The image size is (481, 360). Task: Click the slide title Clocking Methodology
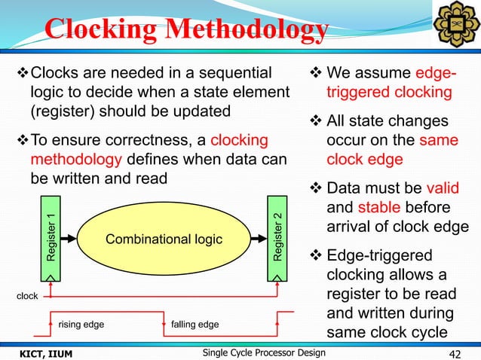pyautogui.click(x=186, y=29)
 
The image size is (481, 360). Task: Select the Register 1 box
pyautogui.click(x=51, y=238)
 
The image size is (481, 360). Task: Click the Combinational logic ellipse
pyautogui.click(x=164, y=239)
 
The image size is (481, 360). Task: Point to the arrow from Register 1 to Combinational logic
pyautogui.click(x=66, y=239)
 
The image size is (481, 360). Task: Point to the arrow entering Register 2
pyautogui.click(x=260, y=239)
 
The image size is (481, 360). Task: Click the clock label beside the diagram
pyautogui.click(x=27, y=297)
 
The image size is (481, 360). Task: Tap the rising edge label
pyautogui.click(x=81, y=325)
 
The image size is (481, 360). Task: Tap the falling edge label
pyautogui.click(x=195, y=325)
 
